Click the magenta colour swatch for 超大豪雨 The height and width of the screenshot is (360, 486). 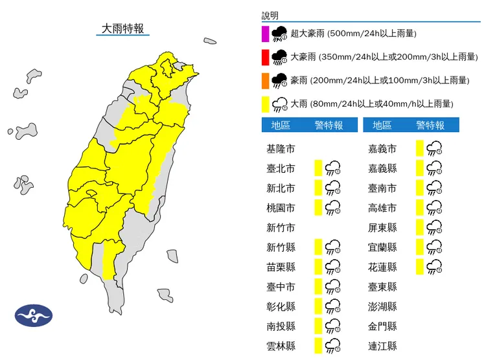coord(265,34)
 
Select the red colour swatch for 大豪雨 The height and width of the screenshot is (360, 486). coord(265,57)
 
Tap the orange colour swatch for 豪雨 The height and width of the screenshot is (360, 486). coord(265,80)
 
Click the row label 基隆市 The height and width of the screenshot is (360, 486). coord(281,149)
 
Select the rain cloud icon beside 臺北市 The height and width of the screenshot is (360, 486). coord(333,169)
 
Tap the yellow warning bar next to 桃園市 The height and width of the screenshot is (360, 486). coord(318,208)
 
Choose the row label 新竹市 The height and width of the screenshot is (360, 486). coord(281,227)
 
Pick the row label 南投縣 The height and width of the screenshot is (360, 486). coord(281,326)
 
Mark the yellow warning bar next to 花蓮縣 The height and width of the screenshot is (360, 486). coord(420,267)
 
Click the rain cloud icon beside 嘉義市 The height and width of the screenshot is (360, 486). coord(435,149)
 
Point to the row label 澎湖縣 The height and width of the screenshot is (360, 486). coord(382,306)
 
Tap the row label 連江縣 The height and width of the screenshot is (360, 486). coord(382,346)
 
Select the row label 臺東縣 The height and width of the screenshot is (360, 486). coord(382,287)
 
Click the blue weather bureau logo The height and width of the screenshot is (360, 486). coord(34,316)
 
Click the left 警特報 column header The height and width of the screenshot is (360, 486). coord(329,125)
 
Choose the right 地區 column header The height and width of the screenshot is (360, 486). coord(382,125)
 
